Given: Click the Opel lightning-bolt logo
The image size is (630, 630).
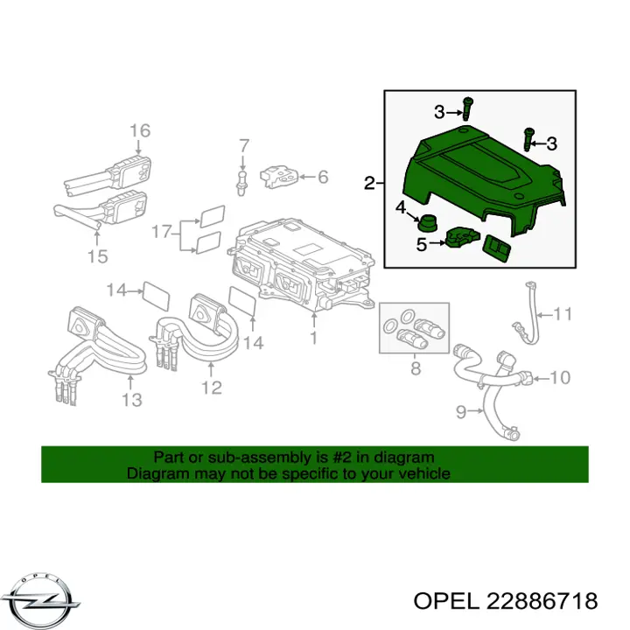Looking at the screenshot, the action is pyautogui.click(x=45, y=601).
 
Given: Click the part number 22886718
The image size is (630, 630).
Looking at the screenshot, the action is pyautogui.click(x=542, y=601).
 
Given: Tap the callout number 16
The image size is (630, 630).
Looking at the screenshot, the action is pyautogui.click(x=140, y=130).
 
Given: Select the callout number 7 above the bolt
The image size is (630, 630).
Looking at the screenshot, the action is pyautogui.click(x=244, y=146).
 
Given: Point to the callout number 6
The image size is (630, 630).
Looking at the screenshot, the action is pyautogui.click(x=323, y=177).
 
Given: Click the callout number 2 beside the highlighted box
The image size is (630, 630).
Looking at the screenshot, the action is pyautogui.click(x=369, y=183).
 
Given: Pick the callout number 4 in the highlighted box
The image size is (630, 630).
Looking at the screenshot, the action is pyautogui.click(x=401, y=207).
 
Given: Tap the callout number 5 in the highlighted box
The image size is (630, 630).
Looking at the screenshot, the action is pyautogui.click(x=421, y=244).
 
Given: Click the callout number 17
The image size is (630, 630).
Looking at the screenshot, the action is pyautogui.click(x=162, y=232).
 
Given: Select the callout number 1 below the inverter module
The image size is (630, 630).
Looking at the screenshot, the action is pyautogui.click(x=313, y=338).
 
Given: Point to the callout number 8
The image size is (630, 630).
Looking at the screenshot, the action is pyautogui.click(x=416, y=368).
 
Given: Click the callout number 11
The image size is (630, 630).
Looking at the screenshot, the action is pyautogui.click(x=563, y=314).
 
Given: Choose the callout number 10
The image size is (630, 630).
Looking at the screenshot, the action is pyautogui.click(x=560, y=378).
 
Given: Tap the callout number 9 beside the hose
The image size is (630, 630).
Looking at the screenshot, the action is pyautogui.click(x=461, y=411).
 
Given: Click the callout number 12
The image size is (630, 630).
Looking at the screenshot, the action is pyautogui.click(x=212, y=388).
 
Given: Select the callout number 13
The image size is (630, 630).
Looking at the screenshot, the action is pyautogui.click(x=132, y=400).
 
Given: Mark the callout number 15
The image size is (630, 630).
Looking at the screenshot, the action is pyautogui.click(x=97, y=255).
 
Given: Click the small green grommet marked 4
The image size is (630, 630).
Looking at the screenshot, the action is pyautogui.click(x=428, y=223).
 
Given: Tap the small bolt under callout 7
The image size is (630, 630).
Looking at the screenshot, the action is pyautogui.click(x=241, y=183).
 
